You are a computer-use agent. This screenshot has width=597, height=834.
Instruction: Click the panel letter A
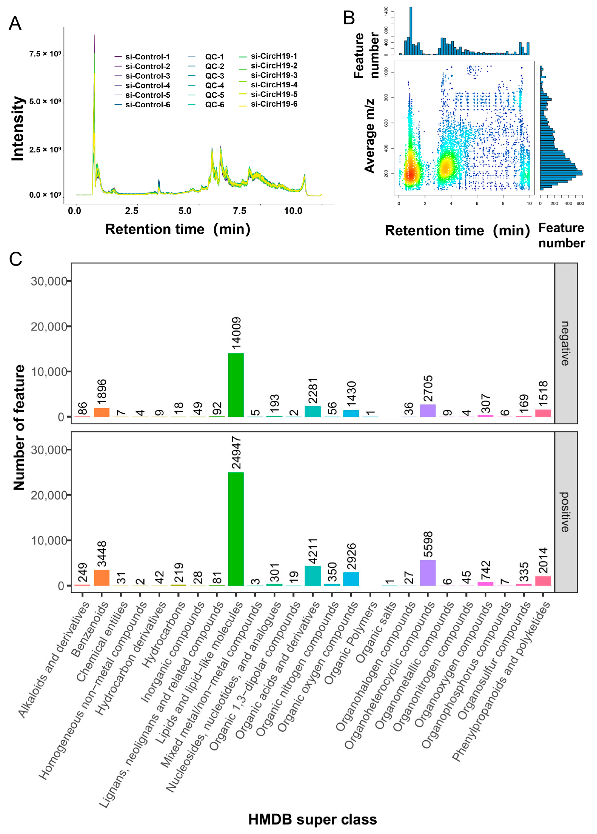15,24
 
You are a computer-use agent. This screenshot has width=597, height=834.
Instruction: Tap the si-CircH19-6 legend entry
274,104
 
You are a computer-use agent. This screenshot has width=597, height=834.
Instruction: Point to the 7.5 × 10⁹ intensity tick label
45,54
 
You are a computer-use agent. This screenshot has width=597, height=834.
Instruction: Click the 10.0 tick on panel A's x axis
293,211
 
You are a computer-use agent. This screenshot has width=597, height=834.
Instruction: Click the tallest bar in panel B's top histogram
411,31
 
